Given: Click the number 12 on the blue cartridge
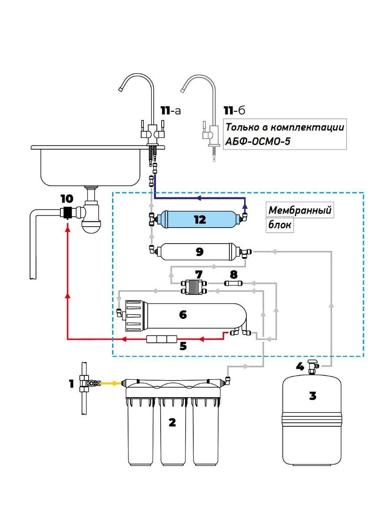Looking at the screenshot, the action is click(x=200, y=220).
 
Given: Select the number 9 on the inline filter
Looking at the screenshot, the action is click(x=200, y=251).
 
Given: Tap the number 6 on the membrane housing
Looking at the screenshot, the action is click(x=183, y=315).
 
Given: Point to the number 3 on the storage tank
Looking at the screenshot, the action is click(x=312, y=396).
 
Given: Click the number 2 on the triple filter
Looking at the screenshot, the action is click(x=172, y=422).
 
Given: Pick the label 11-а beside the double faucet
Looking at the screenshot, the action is click(x=170, y=110).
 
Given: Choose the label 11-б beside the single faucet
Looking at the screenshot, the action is click(x=234, y=110).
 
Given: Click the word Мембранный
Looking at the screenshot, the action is click(x=300, y=210).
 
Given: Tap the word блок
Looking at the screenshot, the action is click(x=280, y=225).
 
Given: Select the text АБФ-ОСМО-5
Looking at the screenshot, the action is click(x=258, y=142).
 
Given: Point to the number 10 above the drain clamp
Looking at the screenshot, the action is click(x=67, y=199).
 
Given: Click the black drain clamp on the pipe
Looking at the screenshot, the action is click(x=67, y=212).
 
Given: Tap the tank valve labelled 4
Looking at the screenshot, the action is click(x=313, y=368).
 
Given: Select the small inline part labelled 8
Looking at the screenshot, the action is click(x=234, y=283).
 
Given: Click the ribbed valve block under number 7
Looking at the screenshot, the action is click(x=194, y=287).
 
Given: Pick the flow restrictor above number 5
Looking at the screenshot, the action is click(x=162, y=339).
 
